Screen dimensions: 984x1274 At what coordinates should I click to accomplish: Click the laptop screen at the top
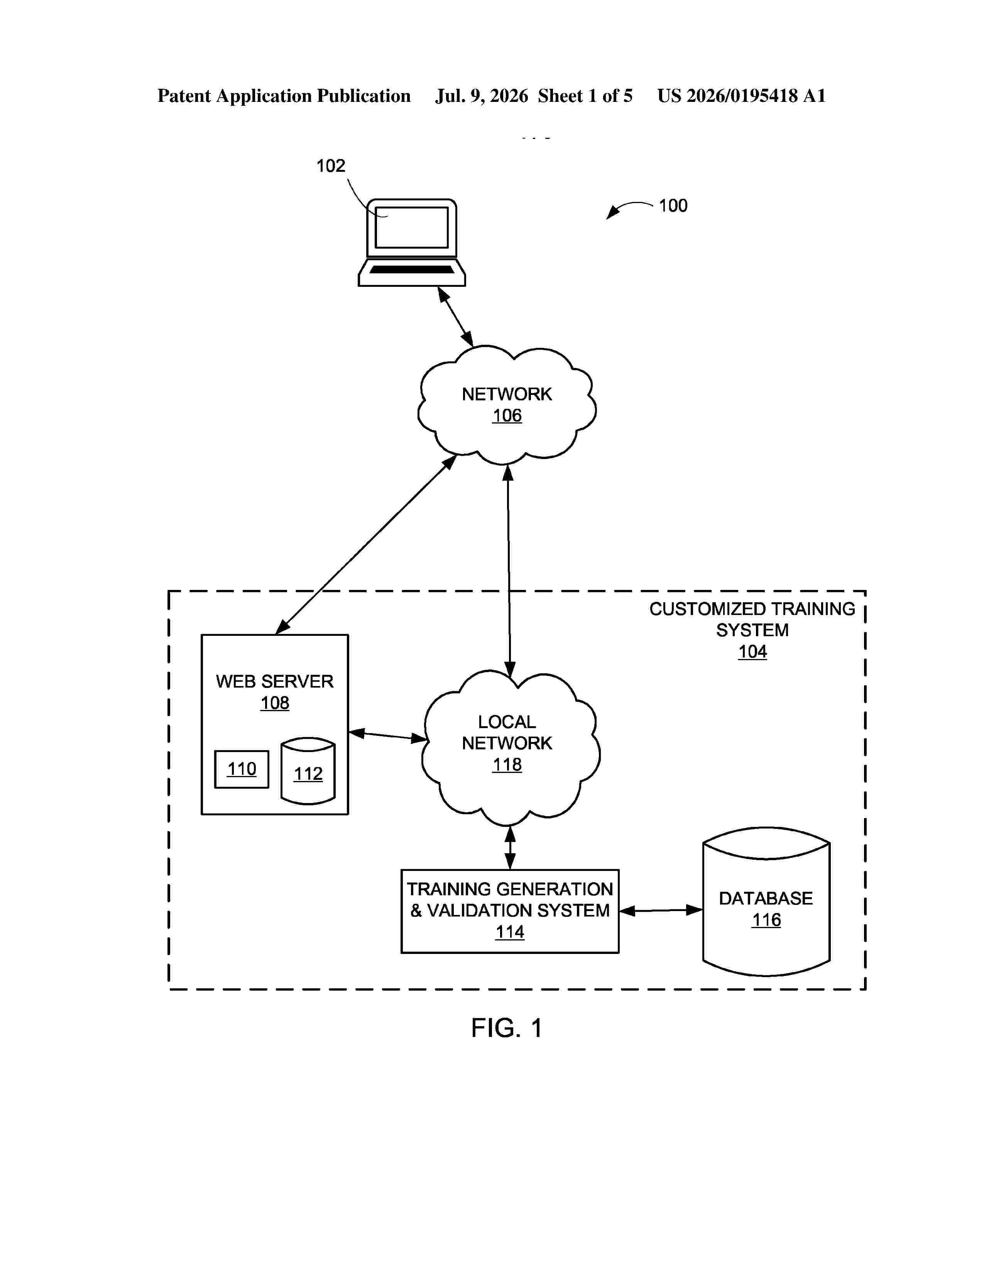click(412, 227)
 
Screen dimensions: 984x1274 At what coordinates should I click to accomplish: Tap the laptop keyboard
click(412, 269)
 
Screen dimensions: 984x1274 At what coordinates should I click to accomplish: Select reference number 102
click(331, 166)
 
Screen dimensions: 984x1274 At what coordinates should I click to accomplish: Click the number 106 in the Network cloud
click(507, 415)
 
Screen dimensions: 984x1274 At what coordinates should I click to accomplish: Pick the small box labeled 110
click(241, 769)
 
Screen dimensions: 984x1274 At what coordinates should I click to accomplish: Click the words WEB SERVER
click(275, 681)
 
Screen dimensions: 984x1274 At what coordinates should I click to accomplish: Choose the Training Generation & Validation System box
click(510, 911)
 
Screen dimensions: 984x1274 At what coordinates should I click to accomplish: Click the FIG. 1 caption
click(507, 1044)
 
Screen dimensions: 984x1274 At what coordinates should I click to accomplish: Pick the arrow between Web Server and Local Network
click(388, 736)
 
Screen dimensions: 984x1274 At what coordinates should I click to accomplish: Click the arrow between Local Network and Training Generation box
click(510, 847)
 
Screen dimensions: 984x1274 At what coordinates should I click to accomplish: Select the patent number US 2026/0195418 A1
click(742, 96)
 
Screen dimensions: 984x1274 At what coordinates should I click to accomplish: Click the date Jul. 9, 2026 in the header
click(482, 96)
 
